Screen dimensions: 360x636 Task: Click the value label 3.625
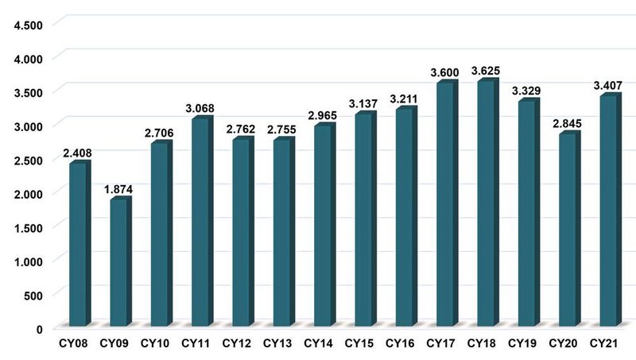485,71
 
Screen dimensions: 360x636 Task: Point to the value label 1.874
118,189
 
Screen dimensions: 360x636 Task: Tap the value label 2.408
77,153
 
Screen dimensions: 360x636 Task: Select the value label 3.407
607,86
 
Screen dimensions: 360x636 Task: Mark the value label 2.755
281,130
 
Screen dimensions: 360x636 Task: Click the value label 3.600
444,73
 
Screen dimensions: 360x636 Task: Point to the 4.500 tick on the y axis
27,25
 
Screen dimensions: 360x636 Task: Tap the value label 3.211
404,99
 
